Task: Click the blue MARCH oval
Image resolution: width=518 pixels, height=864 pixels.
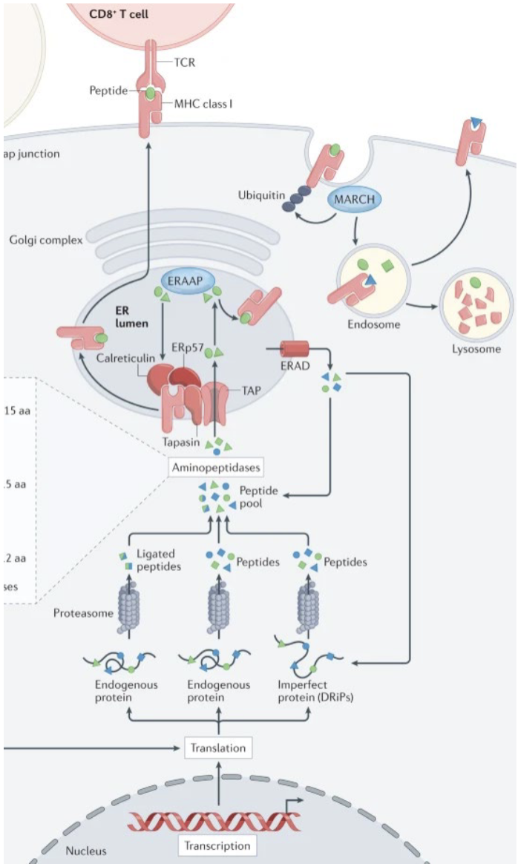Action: point(354,200)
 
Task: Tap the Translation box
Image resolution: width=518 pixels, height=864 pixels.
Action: point(218,747)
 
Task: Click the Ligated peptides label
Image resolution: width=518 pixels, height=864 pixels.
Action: point(160,561)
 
